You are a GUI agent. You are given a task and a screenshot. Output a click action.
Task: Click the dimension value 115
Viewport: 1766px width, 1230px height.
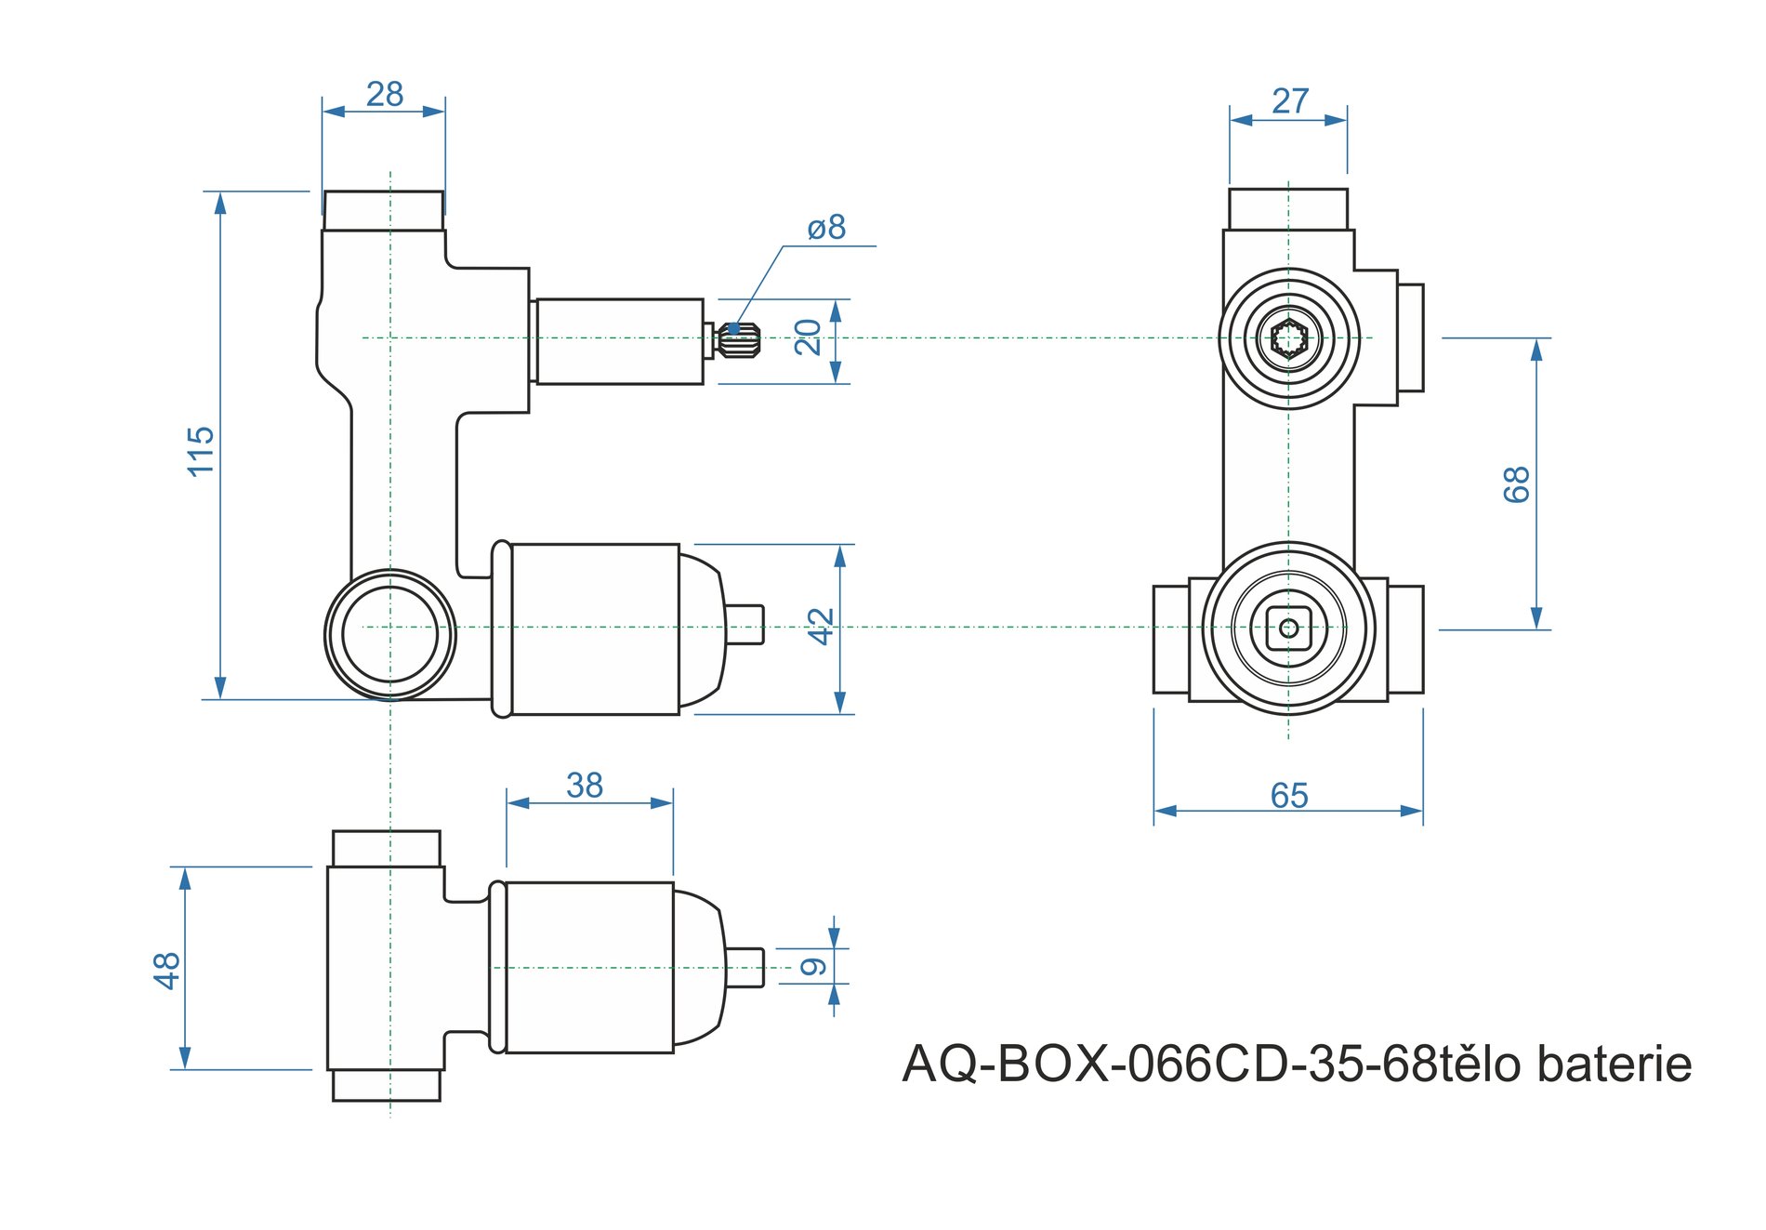[x=201, y=452]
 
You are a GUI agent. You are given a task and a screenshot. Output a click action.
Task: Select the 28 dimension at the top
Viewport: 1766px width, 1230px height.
[x=384, y=95]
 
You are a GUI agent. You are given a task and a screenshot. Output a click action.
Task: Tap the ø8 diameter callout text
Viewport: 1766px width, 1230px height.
[x=826, y=227]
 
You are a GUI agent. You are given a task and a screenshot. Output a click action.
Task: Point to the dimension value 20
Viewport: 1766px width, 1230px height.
[x=809, y=337]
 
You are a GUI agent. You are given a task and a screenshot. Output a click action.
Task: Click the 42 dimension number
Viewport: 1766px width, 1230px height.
[x=821, y=627]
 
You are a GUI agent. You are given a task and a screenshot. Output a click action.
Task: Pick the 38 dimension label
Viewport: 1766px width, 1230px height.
[x=585, y=786]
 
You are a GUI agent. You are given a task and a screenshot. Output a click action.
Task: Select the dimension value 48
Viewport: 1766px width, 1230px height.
[x=166, y=970]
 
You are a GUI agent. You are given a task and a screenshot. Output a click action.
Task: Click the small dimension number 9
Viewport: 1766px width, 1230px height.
[x=813, y=967]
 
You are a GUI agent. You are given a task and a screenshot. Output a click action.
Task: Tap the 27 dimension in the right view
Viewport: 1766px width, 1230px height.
[x=1290, y=101]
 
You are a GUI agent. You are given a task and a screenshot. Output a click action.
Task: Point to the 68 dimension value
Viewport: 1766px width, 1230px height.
[x=1516, y=484]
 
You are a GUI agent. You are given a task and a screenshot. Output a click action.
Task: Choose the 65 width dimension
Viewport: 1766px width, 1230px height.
[x=1289, y=796]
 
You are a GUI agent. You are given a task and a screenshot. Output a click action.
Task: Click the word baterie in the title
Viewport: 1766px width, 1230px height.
[x=1614, y=1065]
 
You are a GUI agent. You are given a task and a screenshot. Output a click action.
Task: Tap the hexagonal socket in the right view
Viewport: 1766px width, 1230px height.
[x=1289, y=338]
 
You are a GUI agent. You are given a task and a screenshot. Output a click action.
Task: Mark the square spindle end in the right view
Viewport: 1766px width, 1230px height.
[x=1288, y=628]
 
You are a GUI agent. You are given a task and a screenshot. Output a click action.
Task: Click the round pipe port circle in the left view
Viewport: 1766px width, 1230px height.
[x=390, y=634]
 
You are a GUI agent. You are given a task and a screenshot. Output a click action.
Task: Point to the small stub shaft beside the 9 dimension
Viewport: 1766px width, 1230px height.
[x=745, y=967]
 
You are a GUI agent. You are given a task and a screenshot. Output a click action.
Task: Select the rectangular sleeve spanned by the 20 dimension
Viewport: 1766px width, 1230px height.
[x=619, y=341]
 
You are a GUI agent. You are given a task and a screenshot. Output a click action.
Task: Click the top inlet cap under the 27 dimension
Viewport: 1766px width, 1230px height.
[x=1288, y=209]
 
